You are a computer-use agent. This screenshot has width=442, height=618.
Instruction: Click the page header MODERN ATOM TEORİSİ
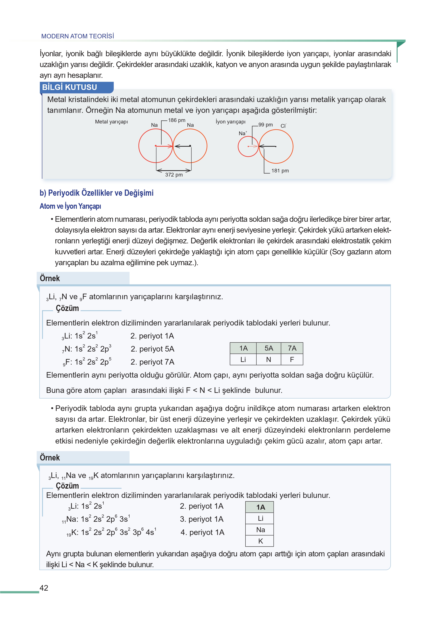point(78,36)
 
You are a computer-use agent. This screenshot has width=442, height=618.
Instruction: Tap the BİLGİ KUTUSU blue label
point(70,87)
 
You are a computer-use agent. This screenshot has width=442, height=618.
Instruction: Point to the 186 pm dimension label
point(177,120)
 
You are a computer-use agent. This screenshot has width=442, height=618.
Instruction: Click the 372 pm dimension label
point(174,175)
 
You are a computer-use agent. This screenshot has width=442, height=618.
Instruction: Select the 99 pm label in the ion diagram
point(265,125)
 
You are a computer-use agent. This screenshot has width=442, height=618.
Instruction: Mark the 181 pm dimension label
point(280,171)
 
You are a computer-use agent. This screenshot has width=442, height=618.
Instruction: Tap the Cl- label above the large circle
point(283,126)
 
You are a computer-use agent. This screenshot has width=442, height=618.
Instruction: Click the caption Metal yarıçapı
point(111,122)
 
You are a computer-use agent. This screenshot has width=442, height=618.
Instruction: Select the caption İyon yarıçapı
point(231,122)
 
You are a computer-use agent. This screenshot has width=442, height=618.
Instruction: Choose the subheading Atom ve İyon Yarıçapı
point(70,206)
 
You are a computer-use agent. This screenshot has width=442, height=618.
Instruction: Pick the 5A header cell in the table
point(269,348)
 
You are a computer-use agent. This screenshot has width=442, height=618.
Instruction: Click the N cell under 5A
point(269,360)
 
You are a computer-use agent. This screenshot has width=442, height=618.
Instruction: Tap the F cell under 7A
point(292,360)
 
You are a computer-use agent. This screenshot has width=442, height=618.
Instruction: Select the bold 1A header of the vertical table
point(261,507)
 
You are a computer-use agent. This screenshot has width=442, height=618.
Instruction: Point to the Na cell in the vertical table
point(261,530)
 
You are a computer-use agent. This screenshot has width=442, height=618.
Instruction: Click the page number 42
point(44,588)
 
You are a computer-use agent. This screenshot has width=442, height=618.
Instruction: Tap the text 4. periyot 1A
point(202,532)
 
